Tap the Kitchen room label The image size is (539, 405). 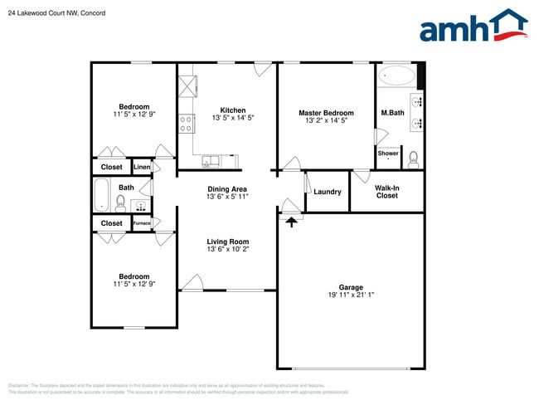tap(232, 110)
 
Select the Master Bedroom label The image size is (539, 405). tap(326, 113)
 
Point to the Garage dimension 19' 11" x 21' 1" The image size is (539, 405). tap(351, 295)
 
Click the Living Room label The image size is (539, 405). tap(228, 242)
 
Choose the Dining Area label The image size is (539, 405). tap(227, 189)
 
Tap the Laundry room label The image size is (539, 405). tap(328, 192)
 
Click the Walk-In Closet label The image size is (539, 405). tap(387, 192)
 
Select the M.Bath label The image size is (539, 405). tap(392, 113)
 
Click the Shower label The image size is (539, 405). tap(388, 153)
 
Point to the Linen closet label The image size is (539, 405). tap(142, 167)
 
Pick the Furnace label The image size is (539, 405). tap(142, 223)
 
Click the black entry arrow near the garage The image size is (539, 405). tap(291, 221)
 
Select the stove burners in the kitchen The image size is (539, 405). tap(187, 124)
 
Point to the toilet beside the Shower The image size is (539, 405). tap(412, 155)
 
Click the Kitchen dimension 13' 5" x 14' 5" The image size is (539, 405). tap(232, 119)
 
